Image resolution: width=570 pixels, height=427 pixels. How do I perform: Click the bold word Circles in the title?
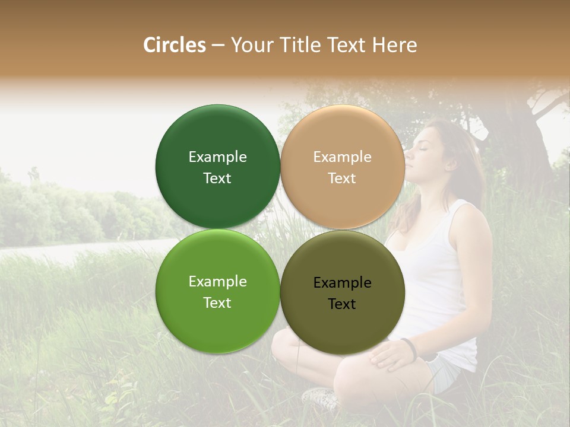pyautogui.click(x=174, y=45)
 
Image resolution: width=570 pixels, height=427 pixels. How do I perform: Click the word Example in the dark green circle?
pyautogui.click(x=217, y=157)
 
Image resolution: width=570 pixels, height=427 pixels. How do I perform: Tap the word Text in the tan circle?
pyautogui.click(x=342, y=178)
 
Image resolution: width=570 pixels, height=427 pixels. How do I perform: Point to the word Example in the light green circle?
pyautogui.click(x=217, y=281)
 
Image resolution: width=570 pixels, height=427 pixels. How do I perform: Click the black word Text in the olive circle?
pyautogui.click(x=342, y=304)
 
